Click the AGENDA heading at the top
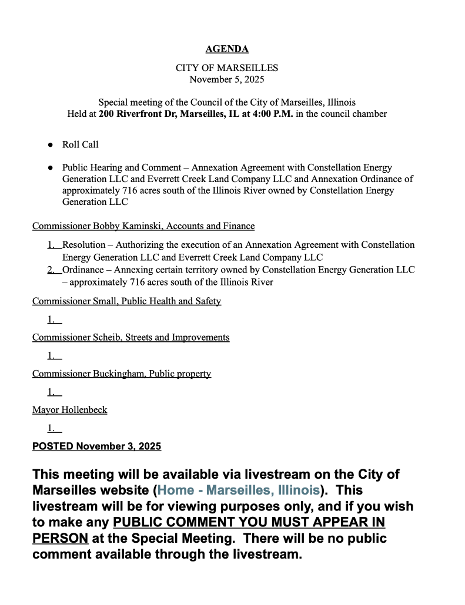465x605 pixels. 227,49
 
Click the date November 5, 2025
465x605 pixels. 227,79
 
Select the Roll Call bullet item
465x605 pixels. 81,144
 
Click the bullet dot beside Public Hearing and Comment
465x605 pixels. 51,168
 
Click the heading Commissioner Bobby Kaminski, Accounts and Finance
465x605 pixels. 143,226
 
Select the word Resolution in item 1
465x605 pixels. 84,244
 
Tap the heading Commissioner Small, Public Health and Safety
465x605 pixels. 126,301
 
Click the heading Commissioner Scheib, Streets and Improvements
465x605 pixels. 131,337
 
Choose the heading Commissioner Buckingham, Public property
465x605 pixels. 122,374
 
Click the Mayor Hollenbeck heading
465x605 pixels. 69,409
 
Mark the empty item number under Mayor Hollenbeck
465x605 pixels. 54,429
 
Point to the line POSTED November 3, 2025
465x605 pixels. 96,446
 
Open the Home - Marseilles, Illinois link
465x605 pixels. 238,490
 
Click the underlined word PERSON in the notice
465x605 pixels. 61,538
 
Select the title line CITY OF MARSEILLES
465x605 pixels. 227,68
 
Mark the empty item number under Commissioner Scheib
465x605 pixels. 54,355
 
